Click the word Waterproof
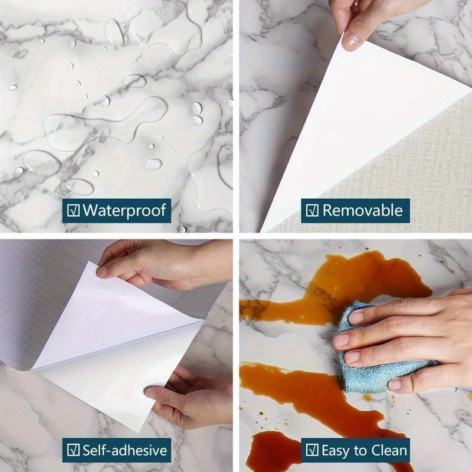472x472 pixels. click(124, 209)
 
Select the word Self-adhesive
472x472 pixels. click(124, 451)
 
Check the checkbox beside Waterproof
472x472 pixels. click(73, 210)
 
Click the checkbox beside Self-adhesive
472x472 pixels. click(73, 451)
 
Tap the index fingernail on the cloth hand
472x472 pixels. click(356, 318)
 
